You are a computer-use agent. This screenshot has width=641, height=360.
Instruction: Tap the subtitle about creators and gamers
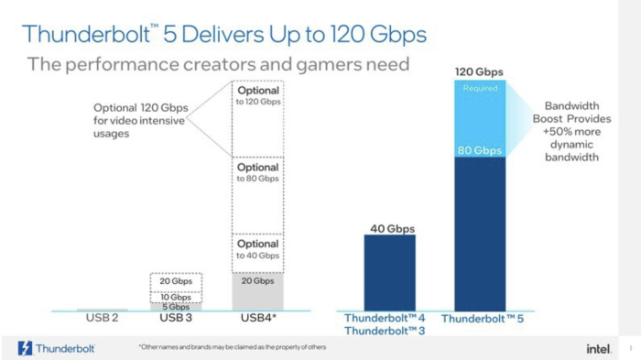point(218,64)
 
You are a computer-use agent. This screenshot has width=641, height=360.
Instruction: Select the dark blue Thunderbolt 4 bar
point(384,272)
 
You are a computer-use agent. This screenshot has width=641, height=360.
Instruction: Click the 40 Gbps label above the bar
point(384,228)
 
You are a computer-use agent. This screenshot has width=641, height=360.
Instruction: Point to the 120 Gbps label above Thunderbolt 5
point(479,71)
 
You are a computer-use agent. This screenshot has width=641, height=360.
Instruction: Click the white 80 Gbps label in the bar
point(479,149)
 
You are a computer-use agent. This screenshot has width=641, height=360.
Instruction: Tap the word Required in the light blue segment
point(479,89)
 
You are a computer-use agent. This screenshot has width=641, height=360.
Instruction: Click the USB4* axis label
point(257,318)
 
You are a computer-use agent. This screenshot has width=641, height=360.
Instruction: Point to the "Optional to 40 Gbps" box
point(257,249)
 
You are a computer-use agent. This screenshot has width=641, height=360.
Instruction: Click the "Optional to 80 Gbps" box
point(257,173)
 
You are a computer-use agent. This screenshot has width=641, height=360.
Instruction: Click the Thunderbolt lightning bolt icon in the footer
point(26,348)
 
